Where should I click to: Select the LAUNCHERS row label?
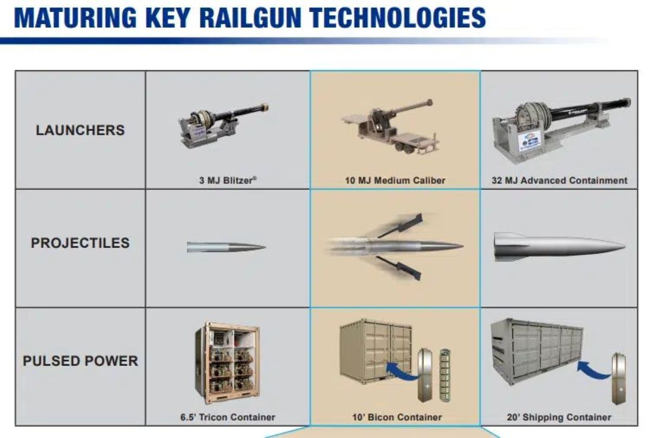point(80,130)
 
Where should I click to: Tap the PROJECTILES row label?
point(80,243)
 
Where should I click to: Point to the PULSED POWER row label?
point(80,361)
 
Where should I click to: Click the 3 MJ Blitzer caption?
point(228,180)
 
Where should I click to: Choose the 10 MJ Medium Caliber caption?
point(395,180)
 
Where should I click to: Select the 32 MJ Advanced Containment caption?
point(560,180)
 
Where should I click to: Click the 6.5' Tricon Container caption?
point(228,417)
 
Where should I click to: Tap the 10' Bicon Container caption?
point(397,417)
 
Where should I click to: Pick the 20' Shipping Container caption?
point(559,417)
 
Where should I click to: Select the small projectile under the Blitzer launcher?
point(226,247)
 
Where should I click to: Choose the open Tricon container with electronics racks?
point(228,363)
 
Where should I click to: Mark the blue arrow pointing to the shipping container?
point(594,370)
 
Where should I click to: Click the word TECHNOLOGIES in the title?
point(398,17)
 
